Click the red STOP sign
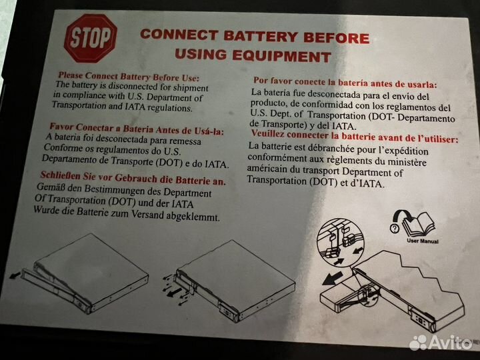click(91, 39)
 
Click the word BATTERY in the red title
click(261, 36)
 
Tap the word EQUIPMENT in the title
click(282, 56)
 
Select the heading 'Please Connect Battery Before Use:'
click(129, 77)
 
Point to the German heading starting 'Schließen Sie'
click(133, 178)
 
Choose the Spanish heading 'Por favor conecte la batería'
click(345, 83)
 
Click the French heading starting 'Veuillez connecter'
click(355, 137)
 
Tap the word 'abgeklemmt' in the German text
click(193, 217)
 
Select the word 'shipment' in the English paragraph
click(191, 88)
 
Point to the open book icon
click(419, 223)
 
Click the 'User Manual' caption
click(423, 241)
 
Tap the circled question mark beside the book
click(395, 228)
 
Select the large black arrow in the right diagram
click(333, 278)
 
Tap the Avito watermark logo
click(441, 343)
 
